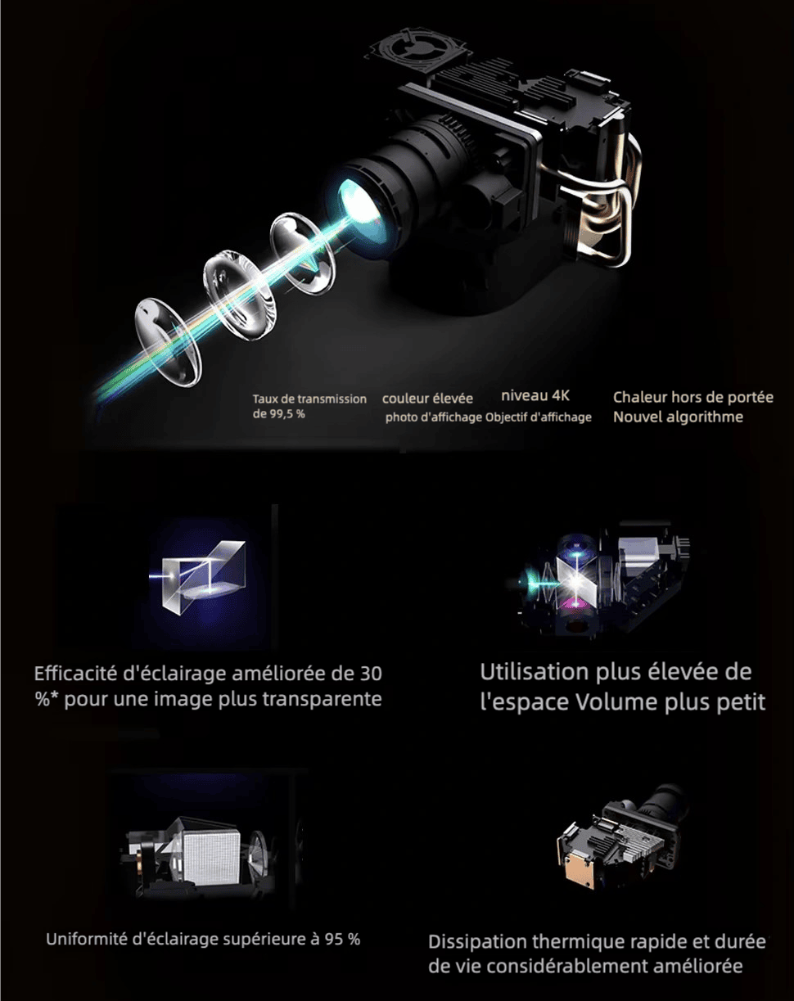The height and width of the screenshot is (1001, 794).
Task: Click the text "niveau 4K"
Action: click(x=535, y=396)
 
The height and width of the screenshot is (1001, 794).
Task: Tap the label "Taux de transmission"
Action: click(x=309, y=399)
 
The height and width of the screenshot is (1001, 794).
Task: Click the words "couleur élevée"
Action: click(x=427, y=399)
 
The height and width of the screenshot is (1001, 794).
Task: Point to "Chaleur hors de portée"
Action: click(x=693, y=397)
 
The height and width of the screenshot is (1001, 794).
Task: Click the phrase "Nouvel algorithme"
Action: click(x=679, y=417)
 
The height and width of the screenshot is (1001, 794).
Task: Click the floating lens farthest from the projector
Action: click(x=169, y=342)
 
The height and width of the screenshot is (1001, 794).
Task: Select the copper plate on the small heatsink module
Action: click(x=577, y=865)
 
